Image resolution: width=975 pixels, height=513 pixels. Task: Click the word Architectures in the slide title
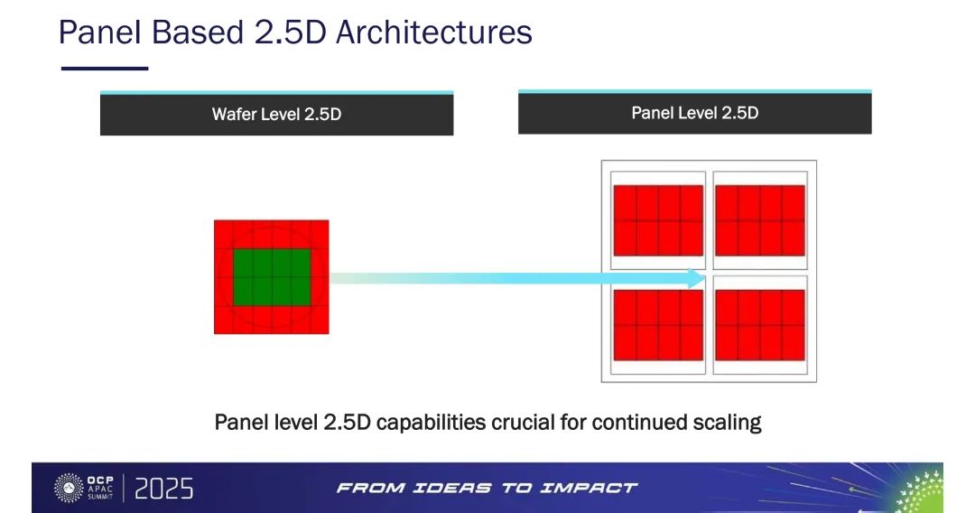pyautogui.click(x=434, y=32)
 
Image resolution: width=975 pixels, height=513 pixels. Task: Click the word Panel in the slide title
pyautogui.click(x=100, y=32)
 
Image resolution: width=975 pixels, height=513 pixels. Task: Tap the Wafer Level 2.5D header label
pyautogui.click(x=277, y=115)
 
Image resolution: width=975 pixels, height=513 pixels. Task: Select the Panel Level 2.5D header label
pyautogui.click(x=694, y=113)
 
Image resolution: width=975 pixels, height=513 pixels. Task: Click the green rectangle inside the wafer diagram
pyautogui.click(x=272, y=277)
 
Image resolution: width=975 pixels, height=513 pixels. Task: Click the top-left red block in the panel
pyautogui.click(x=658, y=220)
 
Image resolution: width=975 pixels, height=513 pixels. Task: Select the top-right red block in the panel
pyautogui.click(x=760, y=220)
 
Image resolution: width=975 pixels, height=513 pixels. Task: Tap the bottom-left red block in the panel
pyautogui.click(x=658, y=325)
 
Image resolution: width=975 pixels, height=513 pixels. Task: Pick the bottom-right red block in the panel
pyautogui.click(x=760, y=325)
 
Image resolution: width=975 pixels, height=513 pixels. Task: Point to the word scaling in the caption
pyautogui.click(x=726, y=424)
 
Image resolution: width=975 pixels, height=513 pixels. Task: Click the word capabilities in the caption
pyautogui.click(x=431, y=424)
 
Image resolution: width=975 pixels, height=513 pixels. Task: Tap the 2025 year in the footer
pyautogui.click(x=163, y=489)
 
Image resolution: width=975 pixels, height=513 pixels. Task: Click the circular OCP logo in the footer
pyautogui.click(x=69, y=488)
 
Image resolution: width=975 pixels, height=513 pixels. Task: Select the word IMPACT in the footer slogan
pyautogui.click(x=589, y=488)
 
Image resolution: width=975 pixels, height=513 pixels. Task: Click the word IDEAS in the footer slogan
pyautogui.click(x=451, y=488)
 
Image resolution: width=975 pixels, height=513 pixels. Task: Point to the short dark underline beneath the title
pyautogui.click(x=105, y=69)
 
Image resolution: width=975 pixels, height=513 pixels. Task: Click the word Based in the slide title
pyautogui.click(x=197, y=32)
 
